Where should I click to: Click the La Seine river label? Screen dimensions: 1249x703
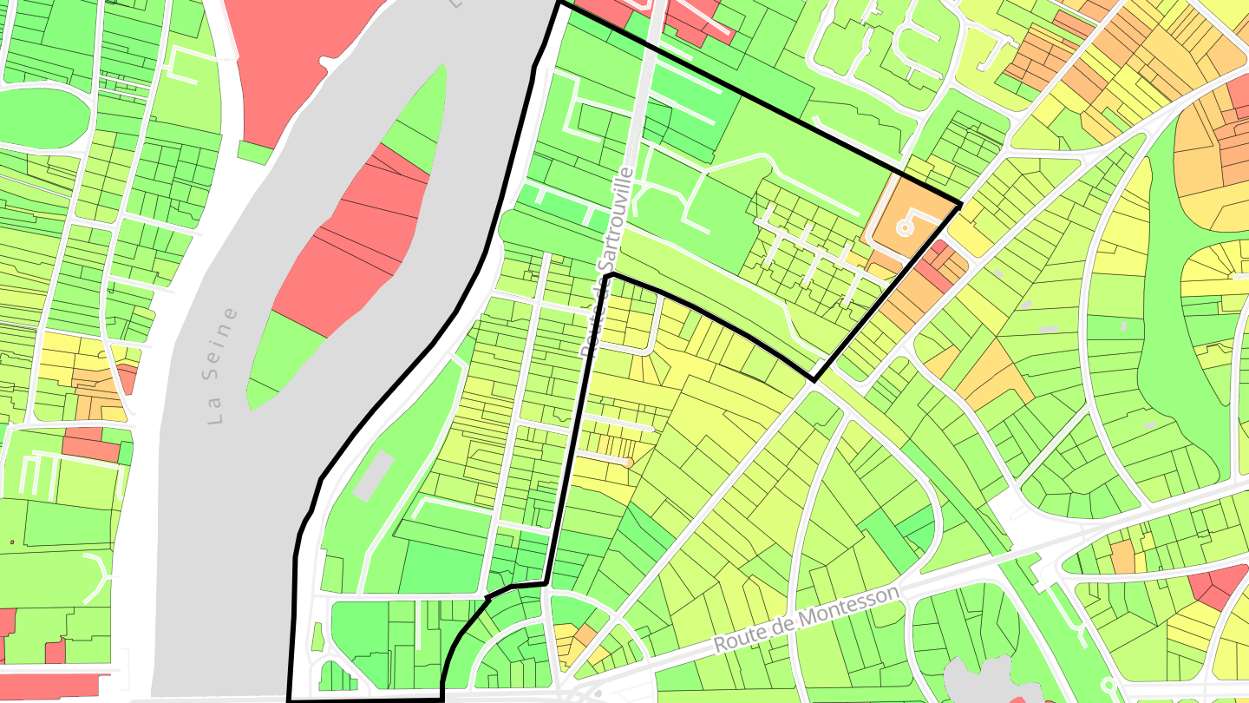point(223,365)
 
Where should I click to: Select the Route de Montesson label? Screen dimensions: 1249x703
point(806,618)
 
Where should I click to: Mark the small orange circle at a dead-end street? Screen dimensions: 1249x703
point(628,463)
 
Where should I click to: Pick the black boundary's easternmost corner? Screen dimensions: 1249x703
point(960,205)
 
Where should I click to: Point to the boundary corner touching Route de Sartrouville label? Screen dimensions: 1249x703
point(612,274)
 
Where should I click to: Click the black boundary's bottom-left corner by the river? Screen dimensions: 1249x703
point(290,699)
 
